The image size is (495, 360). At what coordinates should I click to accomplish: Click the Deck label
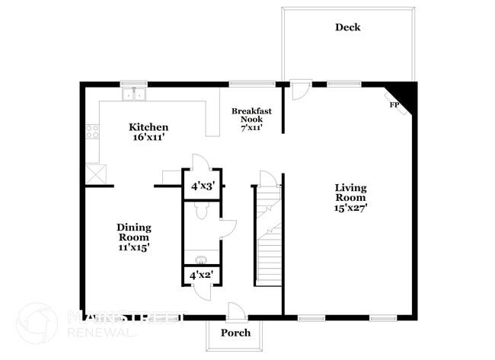tap(348, 27)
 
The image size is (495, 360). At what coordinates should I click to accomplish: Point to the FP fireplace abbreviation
tap(394, 105)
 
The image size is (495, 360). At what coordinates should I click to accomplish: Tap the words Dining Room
tap(133, 231)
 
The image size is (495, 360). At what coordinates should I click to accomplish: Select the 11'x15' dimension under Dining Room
tap(133, 247)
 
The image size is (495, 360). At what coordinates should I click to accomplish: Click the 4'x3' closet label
tap(202, 186)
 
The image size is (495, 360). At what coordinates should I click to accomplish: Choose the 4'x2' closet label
tap(201, 274)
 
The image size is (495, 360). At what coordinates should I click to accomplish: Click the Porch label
tap(235, 333)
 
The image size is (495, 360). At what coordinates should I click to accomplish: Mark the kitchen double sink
tap(135, 94)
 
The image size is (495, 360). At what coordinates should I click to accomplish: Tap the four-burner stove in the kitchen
tap(94, 132)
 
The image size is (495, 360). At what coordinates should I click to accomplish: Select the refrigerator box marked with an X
tap(95, 173)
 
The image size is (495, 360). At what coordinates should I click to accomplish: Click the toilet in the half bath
tap(202, 212)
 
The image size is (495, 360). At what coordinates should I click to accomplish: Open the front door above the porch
tap(236, 311)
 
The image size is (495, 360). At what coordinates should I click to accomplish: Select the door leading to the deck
tap(299, 90)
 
